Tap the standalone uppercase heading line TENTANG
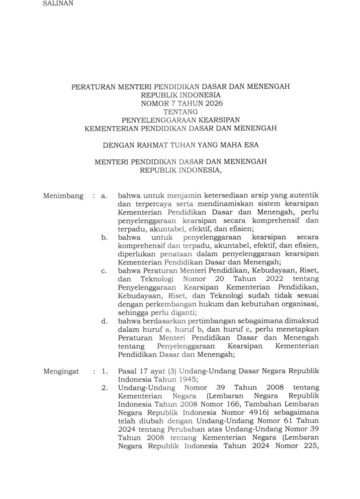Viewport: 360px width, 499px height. tap(180, 112)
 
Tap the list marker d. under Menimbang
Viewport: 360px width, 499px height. tap(105, 321)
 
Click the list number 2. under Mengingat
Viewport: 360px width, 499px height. tap(105, 387)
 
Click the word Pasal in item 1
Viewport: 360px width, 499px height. tap(127, 370)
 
